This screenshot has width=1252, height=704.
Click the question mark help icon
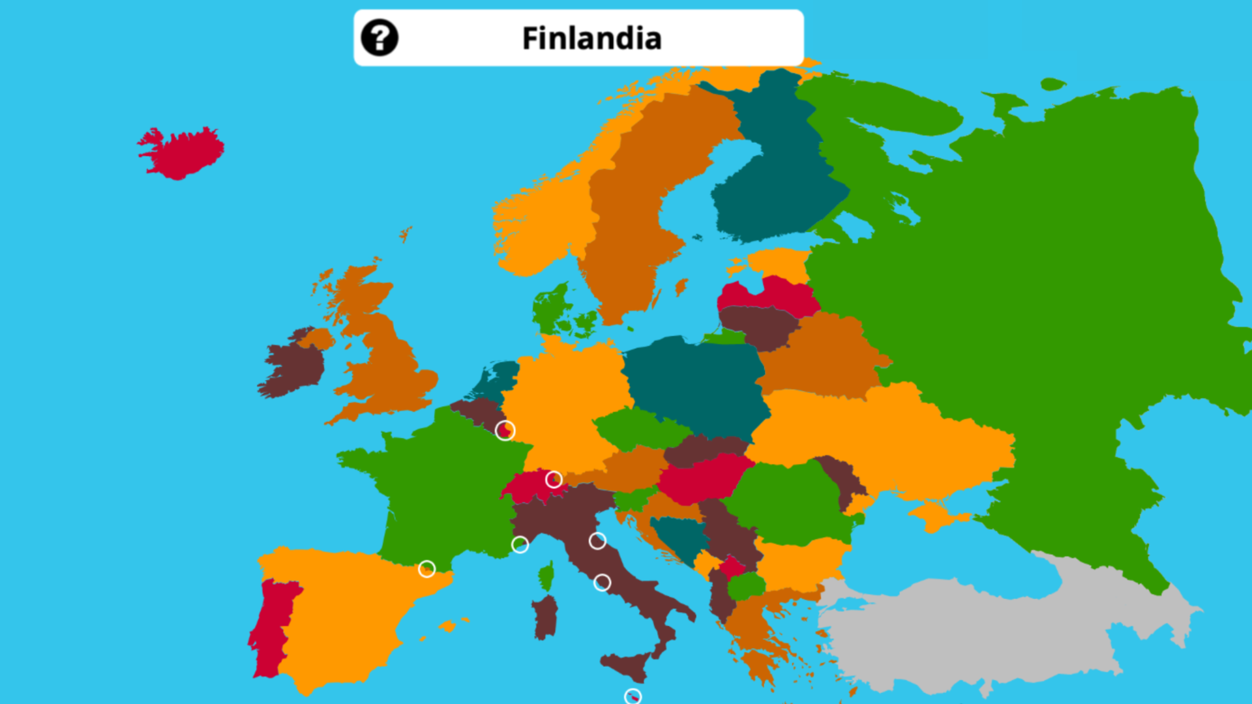[x=380, y=38]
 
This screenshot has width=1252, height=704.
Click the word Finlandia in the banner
[x=591, y=38]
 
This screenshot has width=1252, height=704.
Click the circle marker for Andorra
[x=426, y=569]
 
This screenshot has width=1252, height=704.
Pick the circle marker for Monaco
[x=520, y=544]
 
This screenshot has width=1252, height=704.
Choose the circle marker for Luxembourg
[x=505, y=430]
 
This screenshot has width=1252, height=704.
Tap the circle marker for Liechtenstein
[x=554, y=480]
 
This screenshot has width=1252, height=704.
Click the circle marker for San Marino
[x=597, y=540]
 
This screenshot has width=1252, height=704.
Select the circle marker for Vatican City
[x=602, y=582]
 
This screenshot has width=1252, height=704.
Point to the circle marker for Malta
[x=633, y=697]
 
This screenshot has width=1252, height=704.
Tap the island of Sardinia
[x=545, y=616]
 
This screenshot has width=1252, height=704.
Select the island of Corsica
[x=546, y=576]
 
